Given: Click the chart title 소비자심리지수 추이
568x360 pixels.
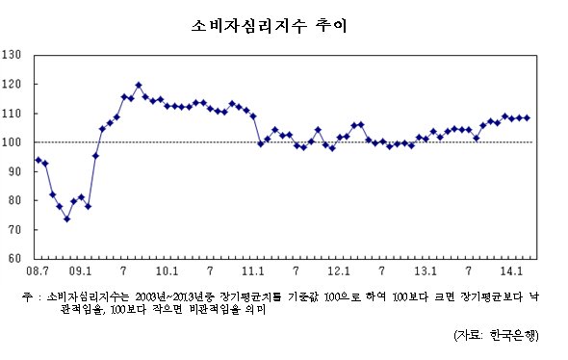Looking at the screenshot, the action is (270, 26).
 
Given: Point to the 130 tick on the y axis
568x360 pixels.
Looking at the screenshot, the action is (12, 55).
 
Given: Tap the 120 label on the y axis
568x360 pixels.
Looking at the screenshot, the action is (12, 84).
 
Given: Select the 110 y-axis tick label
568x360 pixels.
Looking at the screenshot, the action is (12, 114).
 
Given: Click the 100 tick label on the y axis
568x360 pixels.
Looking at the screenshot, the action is (12, 141).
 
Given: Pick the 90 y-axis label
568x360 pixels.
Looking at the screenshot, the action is (14, 171).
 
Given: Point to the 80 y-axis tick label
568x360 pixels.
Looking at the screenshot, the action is (14, 200).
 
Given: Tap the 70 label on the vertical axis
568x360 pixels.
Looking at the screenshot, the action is (14, 230).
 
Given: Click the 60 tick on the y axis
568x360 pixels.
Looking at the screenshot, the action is (14, 258).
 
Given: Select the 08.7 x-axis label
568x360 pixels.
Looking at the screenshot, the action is (38, 270).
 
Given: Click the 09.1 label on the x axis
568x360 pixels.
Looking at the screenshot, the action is (81, 270).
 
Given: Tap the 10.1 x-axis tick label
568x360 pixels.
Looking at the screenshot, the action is (167, 270).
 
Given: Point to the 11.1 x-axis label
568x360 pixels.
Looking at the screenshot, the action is (253, 270).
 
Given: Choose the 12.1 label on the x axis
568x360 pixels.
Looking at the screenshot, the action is (339, 270).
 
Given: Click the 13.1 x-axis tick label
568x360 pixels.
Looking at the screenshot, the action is (426, 270).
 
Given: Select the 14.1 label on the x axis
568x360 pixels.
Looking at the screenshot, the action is (511, 270).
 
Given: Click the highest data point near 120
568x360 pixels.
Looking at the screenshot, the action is (139, 86).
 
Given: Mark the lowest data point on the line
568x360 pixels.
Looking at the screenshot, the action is (66, 219).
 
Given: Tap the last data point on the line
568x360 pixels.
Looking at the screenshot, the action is (527, 118).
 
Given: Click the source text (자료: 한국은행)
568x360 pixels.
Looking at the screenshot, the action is (496, 335).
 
